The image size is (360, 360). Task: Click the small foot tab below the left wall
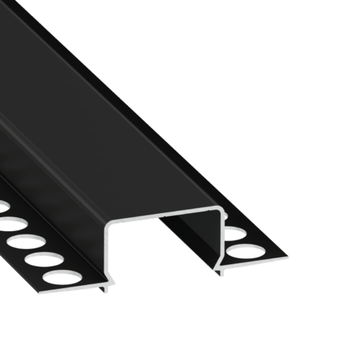pos(107,288)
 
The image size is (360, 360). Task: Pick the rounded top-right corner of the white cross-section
pos(220,210)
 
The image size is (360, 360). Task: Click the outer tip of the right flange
pos(287,257)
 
